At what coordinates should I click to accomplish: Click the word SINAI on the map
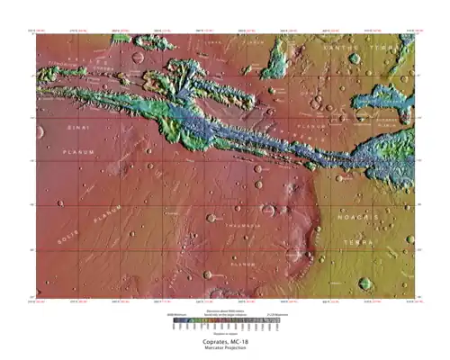(78, 130)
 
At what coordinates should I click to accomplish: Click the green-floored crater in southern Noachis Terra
(365, 283)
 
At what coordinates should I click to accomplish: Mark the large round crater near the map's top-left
(137, 58)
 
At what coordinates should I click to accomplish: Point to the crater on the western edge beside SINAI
(41, 132)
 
